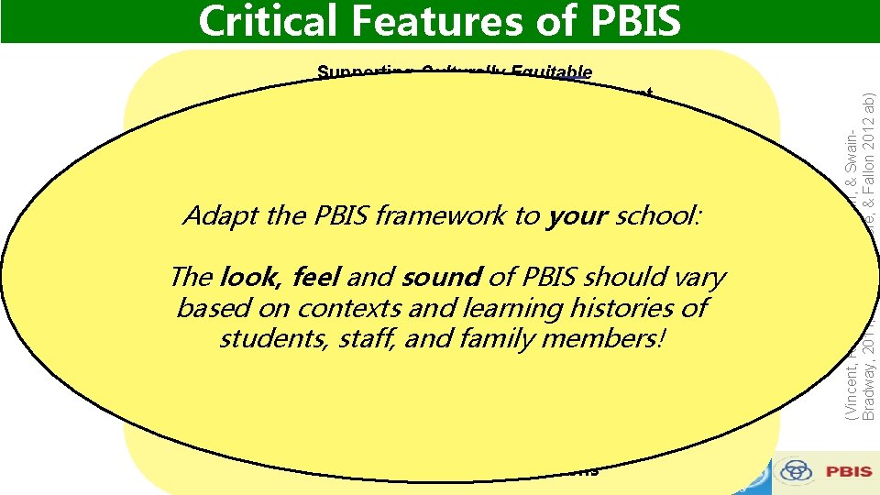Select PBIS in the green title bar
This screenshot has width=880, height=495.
coord(633,20)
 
